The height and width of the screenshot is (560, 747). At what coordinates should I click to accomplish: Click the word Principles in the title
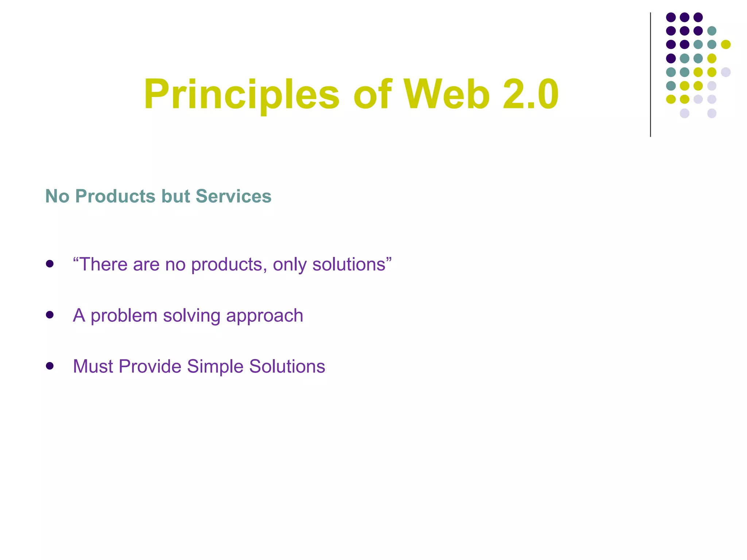click(x=241, y=95)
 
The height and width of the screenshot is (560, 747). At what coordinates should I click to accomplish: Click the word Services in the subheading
click(x=233, y=196)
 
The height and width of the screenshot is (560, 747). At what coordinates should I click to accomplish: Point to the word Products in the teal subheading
click(x=115, y=196)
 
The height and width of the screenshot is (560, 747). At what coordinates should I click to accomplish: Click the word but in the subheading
click(x=175, y=196)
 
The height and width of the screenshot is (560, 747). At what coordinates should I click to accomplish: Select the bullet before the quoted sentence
click(x=50, y=264)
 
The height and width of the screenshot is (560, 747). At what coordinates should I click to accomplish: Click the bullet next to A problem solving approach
click(x=50, y=315)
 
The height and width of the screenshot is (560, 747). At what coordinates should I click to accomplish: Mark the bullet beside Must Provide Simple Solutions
click(x=50, y=366)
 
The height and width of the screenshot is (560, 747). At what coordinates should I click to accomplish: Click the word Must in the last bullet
click(x=93, y=366)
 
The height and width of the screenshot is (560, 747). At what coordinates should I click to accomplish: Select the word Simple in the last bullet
click(x=215, y=367)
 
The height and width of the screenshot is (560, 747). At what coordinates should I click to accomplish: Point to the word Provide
click(x=150, y=366)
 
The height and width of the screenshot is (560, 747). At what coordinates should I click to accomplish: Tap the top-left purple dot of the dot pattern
click(x=671, y=17)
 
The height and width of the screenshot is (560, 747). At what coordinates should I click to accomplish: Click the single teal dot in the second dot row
click(x=712, y=31)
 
